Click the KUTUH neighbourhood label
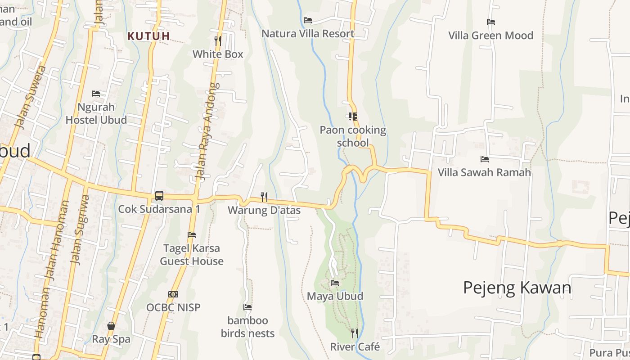pos(148,36)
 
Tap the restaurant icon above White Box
pos(218,41)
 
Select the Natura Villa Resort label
pos(308,34)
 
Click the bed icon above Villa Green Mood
pos(491,22)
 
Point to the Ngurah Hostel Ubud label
pos(96,113)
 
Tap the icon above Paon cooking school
pos(353,117)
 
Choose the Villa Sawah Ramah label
pos(484,172)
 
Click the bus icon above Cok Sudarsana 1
pos(159,196)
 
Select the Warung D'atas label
pos(264,210)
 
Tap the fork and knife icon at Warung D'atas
pos(264,197)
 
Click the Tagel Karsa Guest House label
pos(192,255)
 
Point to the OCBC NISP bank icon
pos(173,294)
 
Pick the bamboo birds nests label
pos(247,327)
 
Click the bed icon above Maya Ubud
pos(335,283)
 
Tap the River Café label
pos(355,347)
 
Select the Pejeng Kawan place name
pos(517,288)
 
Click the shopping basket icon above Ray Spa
pos(111,326)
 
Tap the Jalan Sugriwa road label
pos(79,229)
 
